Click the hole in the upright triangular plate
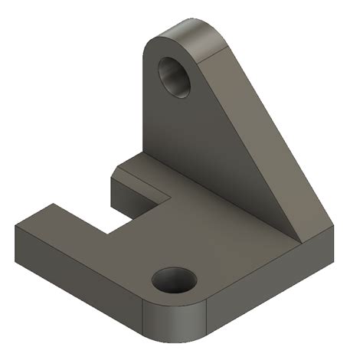click(x=175, y=75)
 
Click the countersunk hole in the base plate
click(x=173, y=280)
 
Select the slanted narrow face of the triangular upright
click(x=276, y=130)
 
